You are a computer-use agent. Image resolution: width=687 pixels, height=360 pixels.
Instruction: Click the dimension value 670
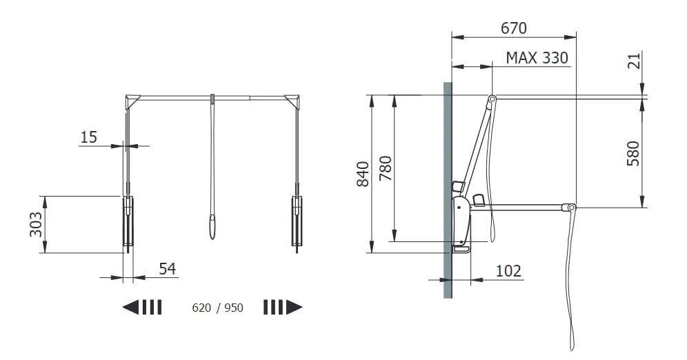pos(514,28)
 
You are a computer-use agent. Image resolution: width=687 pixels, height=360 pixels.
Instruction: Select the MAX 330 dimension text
pos(537,57)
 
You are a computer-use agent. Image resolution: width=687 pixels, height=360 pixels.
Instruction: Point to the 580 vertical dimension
pos(633,153)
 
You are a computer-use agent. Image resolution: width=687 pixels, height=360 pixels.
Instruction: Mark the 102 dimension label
pos(508,271)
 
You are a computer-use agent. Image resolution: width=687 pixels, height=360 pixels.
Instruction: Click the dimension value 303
pos(36,224)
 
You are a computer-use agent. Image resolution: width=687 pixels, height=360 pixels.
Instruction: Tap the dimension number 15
pos(88,137)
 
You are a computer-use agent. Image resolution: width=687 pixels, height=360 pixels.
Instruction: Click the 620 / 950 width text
pos(217,308)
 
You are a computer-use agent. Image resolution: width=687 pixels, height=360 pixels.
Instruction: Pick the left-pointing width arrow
pos(142,307)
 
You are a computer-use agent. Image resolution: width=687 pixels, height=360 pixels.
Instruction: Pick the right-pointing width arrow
pos(283,307)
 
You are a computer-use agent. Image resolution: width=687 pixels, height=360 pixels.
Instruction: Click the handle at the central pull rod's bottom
pos(212,227)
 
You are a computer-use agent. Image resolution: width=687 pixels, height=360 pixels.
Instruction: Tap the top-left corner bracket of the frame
pos(132,101)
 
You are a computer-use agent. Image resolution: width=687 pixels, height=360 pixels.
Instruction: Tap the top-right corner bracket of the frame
pos(293,101)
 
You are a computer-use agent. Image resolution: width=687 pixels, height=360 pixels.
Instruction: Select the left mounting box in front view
pos(128,221)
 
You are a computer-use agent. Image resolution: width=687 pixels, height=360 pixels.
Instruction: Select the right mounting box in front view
pos(297,221)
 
